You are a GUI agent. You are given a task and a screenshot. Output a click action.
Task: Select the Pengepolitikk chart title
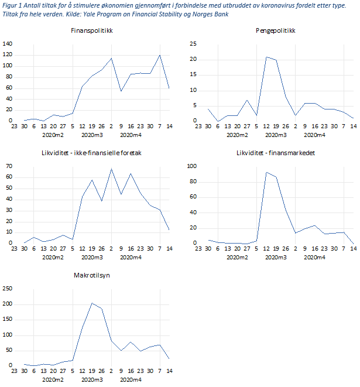274,30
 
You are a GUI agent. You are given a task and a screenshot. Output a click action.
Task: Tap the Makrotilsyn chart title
90,275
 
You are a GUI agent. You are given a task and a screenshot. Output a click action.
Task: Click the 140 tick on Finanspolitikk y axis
8,44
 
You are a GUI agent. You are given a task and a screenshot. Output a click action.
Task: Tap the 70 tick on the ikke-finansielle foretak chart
9,167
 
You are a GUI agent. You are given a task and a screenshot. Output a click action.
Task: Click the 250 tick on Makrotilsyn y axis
8,288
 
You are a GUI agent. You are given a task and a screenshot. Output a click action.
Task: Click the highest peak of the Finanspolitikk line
160,55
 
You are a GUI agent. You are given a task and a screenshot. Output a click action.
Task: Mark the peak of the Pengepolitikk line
266,57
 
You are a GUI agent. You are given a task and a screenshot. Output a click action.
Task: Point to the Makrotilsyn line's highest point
92,303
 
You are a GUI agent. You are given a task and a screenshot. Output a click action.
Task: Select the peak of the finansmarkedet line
266,172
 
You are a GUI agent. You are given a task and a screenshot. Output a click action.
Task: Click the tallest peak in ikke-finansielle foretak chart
111,169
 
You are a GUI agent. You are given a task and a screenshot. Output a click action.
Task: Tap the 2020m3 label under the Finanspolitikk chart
92,135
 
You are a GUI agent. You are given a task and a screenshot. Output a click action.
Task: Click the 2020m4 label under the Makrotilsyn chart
130,379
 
